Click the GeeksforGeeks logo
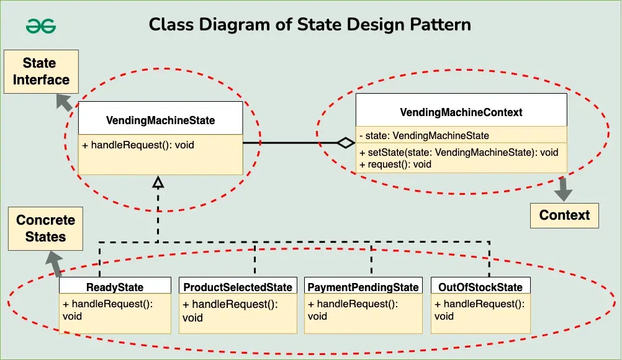[41, 26]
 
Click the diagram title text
[309, 25]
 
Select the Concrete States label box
[45, 228]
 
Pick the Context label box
[564, 215]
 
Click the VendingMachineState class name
[160, 120]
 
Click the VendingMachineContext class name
[461, 112]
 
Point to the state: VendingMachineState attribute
[424, 135]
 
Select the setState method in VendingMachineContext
[459, 153]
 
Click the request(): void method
[395, 164]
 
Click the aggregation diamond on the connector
[346, 143]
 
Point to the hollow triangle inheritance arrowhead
[158, 182]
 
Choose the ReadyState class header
[115, 287]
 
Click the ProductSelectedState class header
[238, 287]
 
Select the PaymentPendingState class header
[363, 287]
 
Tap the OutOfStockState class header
[480, 287]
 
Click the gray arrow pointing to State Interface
[63, 101]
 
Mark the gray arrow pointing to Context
[563, 190]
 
